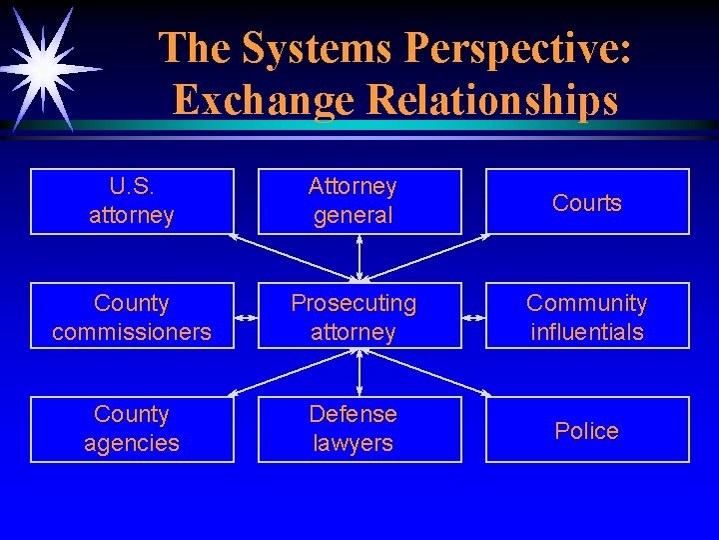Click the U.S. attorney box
(132, 201)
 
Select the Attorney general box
(359, 201)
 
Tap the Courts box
(587, 202)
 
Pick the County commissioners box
(132, 316)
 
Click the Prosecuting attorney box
(359, 316)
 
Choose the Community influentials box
(587, 316)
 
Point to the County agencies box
(132, 429)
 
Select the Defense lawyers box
(359, 429)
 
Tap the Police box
(587, 430)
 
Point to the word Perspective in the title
(520, 48)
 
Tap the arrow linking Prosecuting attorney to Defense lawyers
(359, 372)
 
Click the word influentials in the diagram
(587, 331)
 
